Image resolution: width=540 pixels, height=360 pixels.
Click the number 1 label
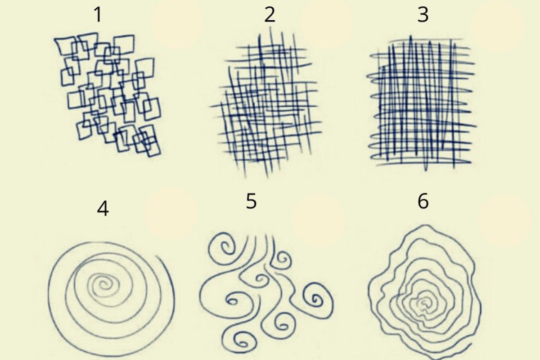98,15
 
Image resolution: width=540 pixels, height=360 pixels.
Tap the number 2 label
270,15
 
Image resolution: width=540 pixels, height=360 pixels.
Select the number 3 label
423,15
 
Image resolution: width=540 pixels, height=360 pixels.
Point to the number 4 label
103,209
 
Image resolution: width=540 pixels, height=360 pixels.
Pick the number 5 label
251,201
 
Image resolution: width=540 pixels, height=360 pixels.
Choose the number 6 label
423,201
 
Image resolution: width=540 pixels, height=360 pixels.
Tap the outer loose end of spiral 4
158,257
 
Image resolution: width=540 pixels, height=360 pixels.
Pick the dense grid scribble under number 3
421,103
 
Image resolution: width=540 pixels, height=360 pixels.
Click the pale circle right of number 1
177,23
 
